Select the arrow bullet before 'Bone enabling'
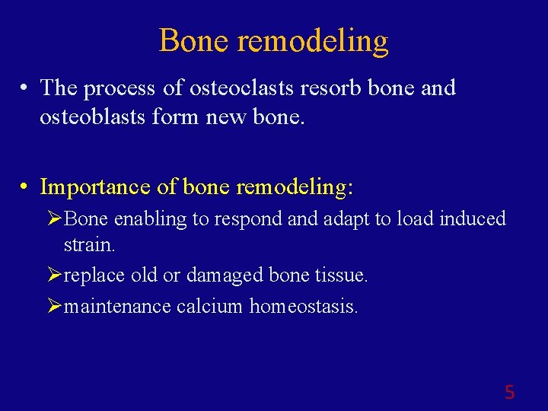tap(54, 219)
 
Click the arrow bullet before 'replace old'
tap(54, 276)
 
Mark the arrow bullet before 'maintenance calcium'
tap(54, 307)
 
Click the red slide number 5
tap(509, 393)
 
